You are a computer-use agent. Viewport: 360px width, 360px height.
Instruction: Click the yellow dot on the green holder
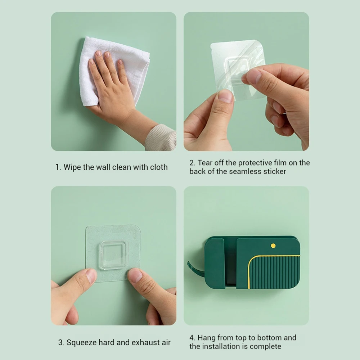click(x=273, y=246)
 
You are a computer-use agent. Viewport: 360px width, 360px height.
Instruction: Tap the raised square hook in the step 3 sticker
click(x=112, y=255)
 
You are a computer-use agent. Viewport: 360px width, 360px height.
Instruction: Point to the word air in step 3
click(x=166, y=343)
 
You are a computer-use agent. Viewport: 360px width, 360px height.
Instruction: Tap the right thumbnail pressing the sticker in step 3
click(x=135, y=275)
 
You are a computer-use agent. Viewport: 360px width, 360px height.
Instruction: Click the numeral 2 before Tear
click(x=192, y=163)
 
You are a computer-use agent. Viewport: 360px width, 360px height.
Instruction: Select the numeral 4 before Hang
click(x=192, y=338)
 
